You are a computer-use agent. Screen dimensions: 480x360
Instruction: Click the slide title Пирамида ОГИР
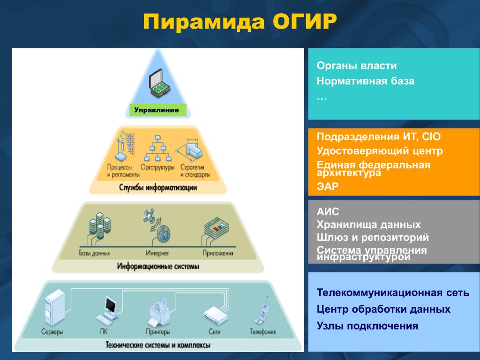point(240,22)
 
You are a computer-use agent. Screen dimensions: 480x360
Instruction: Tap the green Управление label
point(157,110)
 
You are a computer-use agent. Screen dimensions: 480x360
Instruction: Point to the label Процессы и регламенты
point(123,171)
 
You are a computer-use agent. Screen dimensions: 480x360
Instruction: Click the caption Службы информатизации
point(157,187)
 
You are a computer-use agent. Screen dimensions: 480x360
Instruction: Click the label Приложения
point(218,254)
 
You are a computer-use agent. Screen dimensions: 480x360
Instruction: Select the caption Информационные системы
point(157,266)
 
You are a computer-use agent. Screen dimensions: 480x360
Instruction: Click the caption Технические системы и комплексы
point(157,345)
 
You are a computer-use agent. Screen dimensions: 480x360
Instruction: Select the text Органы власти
point(357,66)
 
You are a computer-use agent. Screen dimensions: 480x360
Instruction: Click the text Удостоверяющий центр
point(380,151)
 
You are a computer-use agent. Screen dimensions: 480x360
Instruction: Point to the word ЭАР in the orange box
point(327,187)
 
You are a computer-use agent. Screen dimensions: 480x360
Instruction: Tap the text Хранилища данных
point(368,225)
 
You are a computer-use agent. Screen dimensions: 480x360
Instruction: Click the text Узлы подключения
point(367,326)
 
